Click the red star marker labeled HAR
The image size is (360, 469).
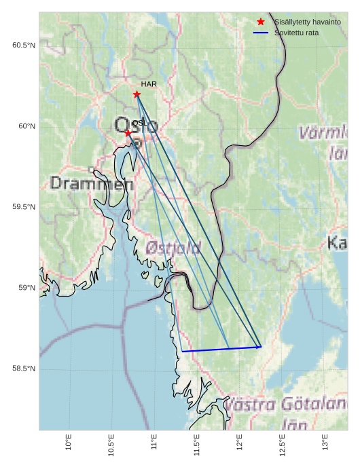pyautogui.click(x=137, y=94)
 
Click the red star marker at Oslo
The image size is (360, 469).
pyautogui.click(x=128, y=133)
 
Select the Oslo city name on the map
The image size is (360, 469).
pyautogui.click(x=136, y=126)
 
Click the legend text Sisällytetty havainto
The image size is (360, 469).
pyautogui.click(x=308, y=22)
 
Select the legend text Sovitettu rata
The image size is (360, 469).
pyautogui.click(x=296, y=33)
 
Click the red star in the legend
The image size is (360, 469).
pyautogui.click(x=261, y=22)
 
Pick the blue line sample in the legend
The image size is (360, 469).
pyautogui.click(x=261, y=33)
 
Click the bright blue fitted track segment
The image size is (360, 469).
pyautogui.click(x=221, y=350)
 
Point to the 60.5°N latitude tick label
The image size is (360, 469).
pyautogui.click(x=24, y=45)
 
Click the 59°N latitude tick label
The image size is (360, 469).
pyautogui.click(x=26, y=288)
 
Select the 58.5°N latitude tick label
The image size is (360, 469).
pyautogui.click(x=24, y=369)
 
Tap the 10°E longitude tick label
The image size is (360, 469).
pyautogui.click(x=69, y=443)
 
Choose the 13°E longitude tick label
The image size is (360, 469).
pyautogui.click(x=325, y=443)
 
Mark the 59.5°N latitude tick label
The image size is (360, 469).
pyautogui.click(x=24, y=207)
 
